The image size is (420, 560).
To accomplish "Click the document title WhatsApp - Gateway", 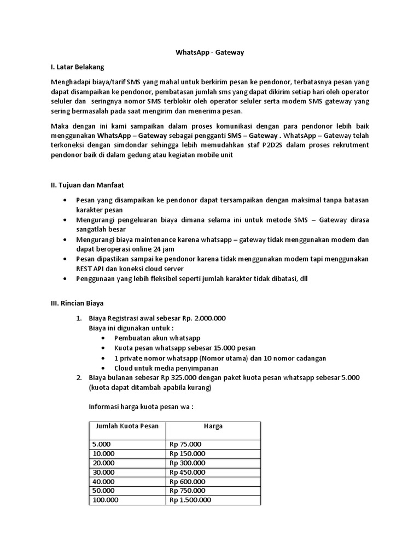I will (x=209, y=52).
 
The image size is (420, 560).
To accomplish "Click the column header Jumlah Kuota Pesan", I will (x=127, y=426).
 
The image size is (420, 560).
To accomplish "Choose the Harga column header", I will (x=213, y=426).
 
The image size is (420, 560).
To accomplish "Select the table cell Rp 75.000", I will (x=185, y=444).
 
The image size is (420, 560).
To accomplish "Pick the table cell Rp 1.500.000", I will (x=190, y=500).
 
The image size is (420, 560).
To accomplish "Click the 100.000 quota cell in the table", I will (x=105, y=500).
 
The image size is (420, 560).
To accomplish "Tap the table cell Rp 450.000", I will (x=188, y=472).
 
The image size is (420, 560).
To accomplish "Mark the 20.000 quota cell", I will (x=103, y=463).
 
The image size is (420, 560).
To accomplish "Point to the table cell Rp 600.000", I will (x=188, y=481).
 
